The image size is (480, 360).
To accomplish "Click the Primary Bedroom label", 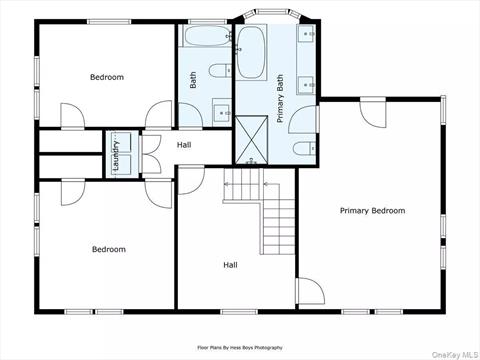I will pos(372,210).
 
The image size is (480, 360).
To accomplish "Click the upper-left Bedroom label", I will pos(107,77).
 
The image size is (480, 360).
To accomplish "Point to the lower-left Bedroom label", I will pos(109,249).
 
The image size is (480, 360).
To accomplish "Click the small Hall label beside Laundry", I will pos(184,145).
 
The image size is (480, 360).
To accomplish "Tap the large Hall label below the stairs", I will pos(230,265).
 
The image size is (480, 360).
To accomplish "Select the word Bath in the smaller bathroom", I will pos(194,78).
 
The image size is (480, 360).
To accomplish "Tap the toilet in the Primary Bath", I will pos(303,150).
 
